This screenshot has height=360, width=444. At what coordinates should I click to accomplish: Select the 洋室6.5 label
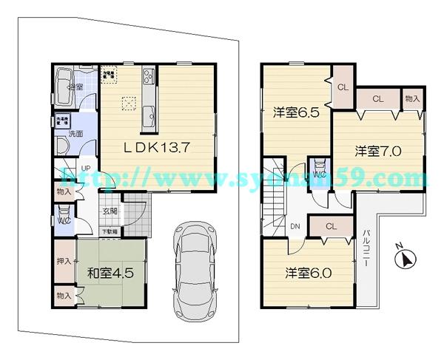click(295, 113)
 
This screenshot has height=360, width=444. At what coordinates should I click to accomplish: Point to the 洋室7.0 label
click(377, 152)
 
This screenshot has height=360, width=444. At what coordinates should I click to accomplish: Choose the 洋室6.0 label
click(309, 272)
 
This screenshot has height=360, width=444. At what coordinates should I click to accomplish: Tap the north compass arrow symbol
click(406, 258)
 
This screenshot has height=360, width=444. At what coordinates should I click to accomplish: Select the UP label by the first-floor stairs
click(86, 169)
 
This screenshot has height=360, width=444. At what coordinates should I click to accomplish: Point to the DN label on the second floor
click(295, 226)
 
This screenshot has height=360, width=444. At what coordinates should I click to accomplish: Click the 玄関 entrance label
click(110, 211)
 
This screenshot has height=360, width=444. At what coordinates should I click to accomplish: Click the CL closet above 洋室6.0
click(331, 226)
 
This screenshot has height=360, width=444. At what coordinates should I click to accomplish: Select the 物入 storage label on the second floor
click(412, 98)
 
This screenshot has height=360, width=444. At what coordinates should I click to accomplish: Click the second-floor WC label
click(320, 174)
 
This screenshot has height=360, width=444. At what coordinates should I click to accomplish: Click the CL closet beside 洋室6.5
click(342, 86)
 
